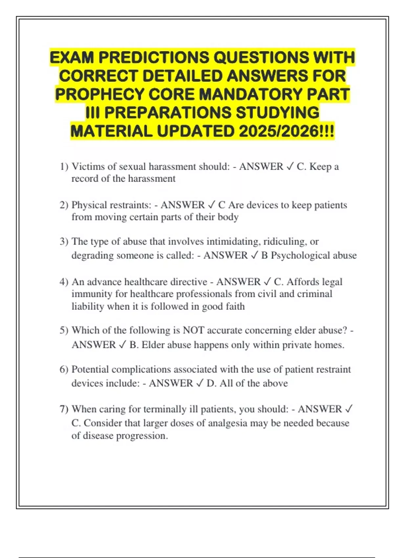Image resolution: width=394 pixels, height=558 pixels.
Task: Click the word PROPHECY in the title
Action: pyautogui.click(x=99, y=95)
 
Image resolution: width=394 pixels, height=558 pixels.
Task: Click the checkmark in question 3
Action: pyautogui.click(x=254, y=255)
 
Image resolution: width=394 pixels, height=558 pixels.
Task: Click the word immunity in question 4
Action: pyautogui.click(x=92, y=294)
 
